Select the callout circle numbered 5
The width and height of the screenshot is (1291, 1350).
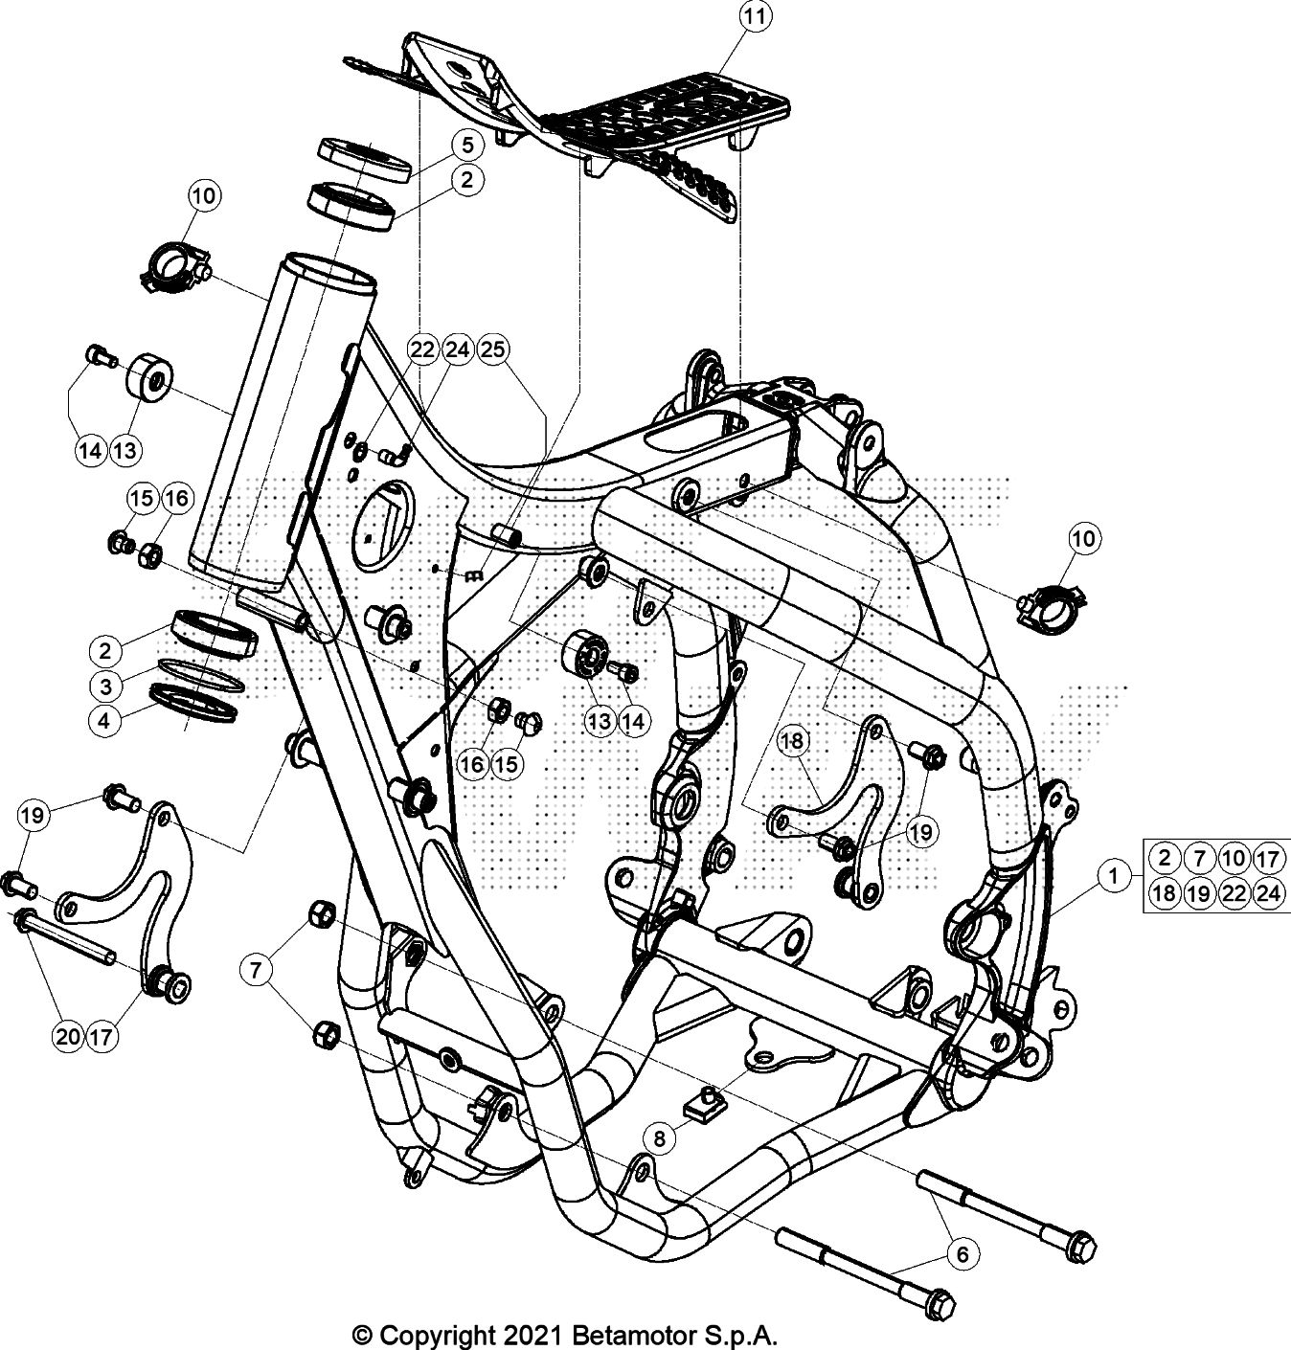coord(466,146)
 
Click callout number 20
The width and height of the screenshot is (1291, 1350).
coord(68,1036)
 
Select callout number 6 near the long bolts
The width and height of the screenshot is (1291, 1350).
coord(963,1253)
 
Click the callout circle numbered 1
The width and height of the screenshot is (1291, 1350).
coord(1113,875)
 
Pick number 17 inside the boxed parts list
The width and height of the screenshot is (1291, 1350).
coord(1267,858)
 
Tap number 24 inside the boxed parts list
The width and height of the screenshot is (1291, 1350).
coord(1267,893)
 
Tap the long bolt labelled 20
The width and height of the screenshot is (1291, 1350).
coord(67,938)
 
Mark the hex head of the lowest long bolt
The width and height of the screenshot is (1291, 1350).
coord(940,1305)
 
